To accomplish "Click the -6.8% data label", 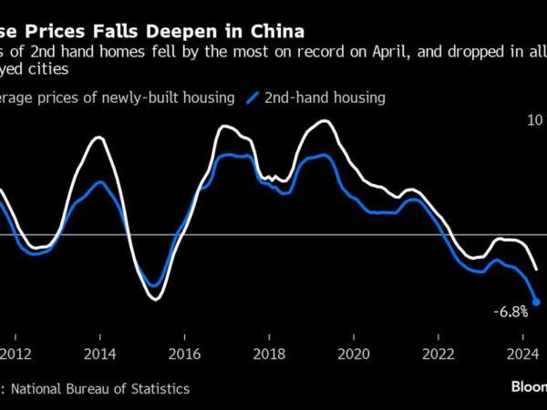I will [x=511, y=312].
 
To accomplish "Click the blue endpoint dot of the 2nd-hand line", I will [x=536, y=302].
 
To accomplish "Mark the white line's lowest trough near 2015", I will [x=153, y=299].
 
